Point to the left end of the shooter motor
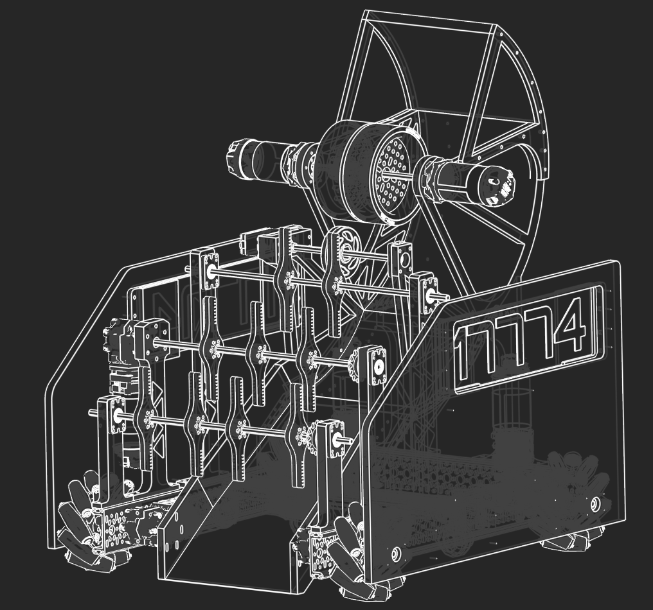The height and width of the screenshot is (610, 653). (x=235, y=159)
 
